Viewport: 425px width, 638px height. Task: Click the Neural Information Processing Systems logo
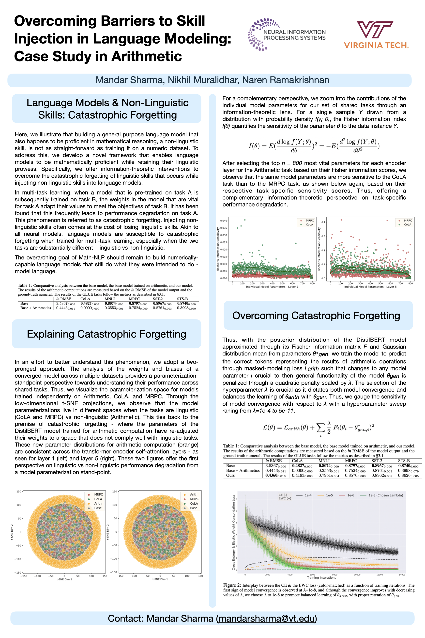pos(287,35)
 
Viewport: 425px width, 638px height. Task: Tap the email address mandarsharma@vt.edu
pos(267,618)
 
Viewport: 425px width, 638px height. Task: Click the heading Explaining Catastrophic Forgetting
pos(106,334)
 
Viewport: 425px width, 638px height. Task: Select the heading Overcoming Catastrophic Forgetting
pos(316,316)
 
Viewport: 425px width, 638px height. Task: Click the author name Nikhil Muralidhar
pos(203,80)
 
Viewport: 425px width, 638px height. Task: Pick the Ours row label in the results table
pos(230,475)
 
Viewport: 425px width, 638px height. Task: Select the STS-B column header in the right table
pos(404,461)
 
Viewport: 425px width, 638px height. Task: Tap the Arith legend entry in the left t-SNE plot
pos(98,503)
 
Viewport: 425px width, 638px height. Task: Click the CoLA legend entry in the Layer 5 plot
pos(407,224)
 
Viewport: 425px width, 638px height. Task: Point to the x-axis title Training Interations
pos(321,577)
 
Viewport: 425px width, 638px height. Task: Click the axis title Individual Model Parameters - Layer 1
pos(272,287)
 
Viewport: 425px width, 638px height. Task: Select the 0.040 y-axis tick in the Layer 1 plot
pos(224,221)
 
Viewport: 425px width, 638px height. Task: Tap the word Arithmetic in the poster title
pos(147,56)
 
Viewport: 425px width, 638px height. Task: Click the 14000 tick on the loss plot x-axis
pos(402,575)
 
